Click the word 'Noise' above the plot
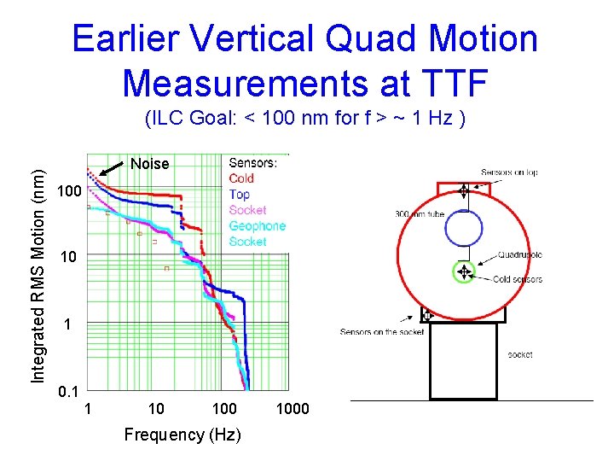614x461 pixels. (149, 164)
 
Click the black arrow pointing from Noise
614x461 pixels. (113, 168)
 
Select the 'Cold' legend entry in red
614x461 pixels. (241, 178)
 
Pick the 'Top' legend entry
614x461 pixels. (239, 194)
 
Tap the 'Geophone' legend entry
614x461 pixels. (257, 225)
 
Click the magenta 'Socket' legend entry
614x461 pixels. (247, 210)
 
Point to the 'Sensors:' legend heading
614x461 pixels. (253, 162)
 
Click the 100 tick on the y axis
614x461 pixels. (69, 194)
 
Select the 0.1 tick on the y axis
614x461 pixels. (69, 392)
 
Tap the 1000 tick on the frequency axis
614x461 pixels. (293, 409)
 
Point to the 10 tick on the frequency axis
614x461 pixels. (156, 409)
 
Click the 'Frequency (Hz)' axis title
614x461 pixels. (182, 435)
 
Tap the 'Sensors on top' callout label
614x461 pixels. (508, 172)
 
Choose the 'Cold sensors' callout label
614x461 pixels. (517, 279)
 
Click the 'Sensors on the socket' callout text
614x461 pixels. (381, 331)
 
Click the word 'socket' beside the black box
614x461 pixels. (519, 354)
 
